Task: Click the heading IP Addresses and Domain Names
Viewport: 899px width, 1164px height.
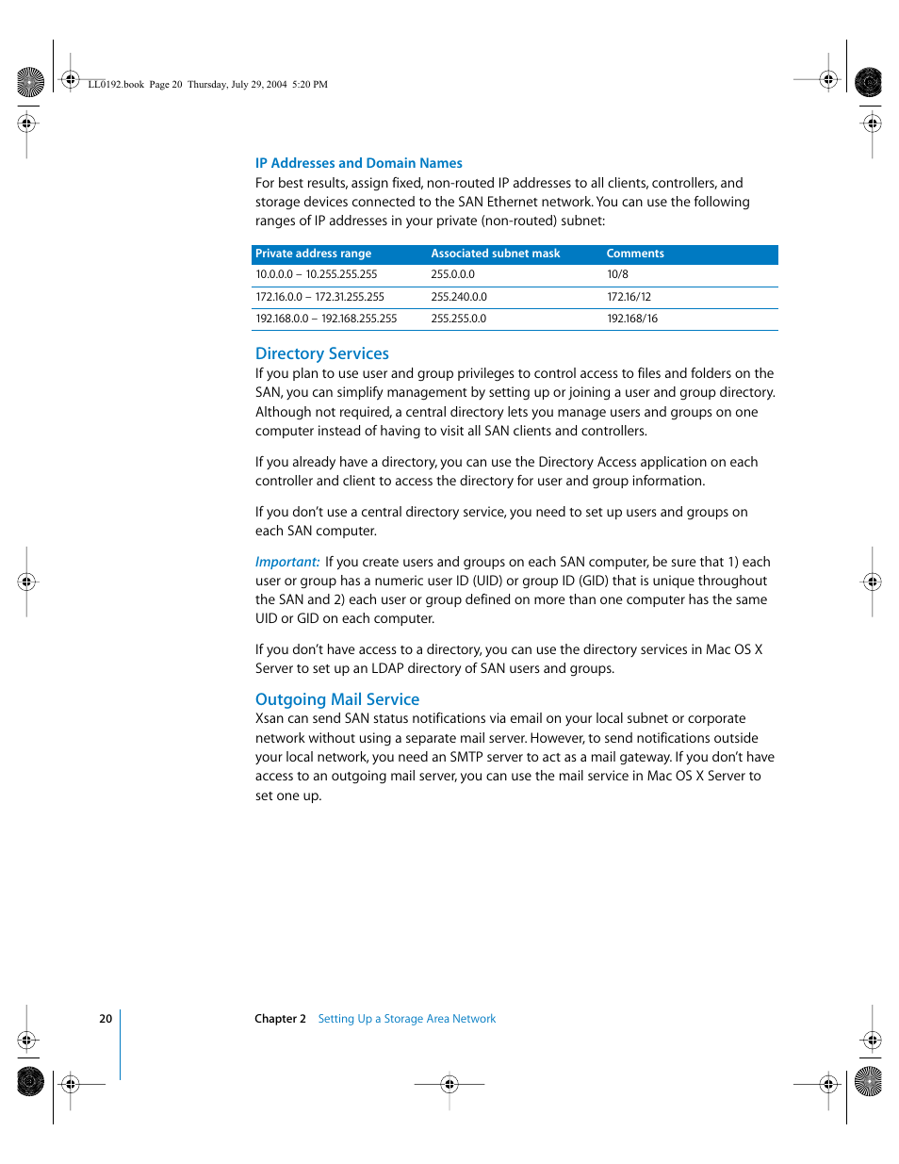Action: point(358,163)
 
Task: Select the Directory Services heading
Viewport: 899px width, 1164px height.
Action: point(321,353)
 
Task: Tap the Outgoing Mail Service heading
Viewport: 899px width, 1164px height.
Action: point(336,699)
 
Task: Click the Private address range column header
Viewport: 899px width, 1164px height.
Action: point(313,254)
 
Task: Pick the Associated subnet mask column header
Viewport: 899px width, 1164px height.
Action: point(495,254)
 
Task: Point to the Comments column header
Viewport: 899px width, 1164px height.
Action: point(634,254)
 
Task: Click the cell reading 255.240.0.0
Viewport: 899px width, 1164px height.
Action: point(459,297)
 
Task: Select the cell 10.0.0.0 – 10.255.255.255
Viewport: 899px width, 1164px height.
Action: point(316,275)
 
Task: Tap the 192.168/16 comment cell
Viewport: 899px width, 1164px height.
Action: point(631,319)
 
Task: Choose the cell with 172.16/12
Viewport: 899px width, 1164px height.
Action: point(629,297)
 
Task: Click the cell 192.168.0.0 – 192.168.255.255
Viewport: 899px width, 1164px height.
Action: point(326,319)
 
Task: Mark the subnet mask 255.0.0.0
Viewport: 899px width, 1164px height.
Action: point(452,275)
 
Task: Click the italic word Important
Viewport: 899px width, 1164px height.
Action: point(286,562)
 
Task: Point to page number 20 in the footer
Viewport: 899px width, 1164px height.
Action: point(106,1019)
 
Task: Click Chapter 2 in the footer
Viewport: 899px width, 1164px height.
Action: point(280,1019)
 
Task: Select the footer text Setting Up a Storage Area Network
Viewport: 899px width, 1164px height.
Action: point(406,1019)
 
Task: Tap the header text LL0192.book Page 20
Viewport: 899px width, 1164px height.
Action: point(135,85)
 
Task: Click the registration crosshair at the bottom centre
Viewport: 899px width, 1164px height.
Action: point(449,1084)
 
